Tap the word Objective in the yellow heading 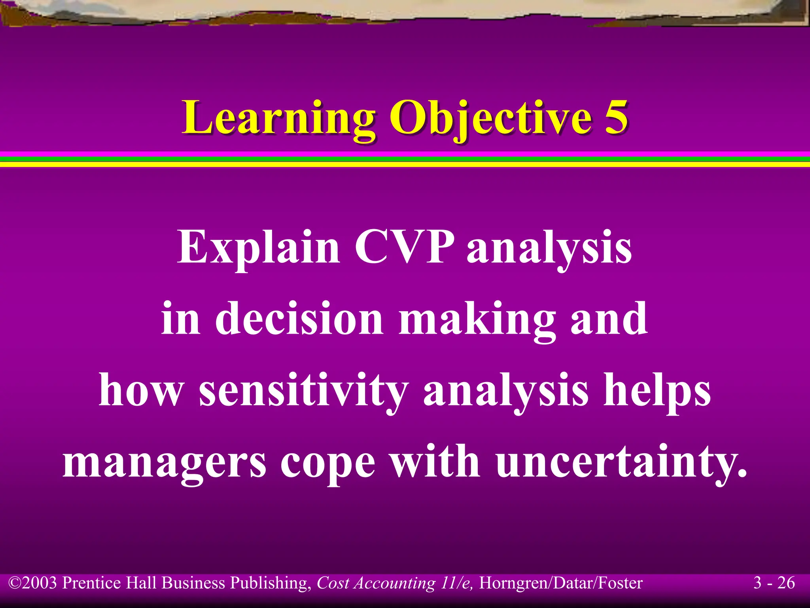coord(490,118)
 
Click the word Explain coord(258,247)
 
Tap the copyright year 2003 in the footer coord(40,583)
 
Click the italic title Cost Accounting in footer coord(376,583)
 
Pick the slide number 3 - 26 coord(774,583)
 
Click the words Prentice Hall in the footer coord(111,583)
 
